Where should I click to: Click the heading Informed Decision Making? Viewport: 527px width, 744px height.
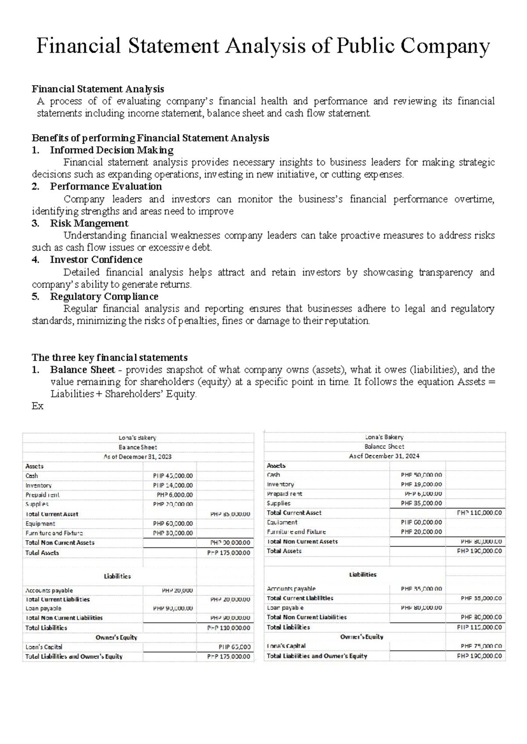[112, 150]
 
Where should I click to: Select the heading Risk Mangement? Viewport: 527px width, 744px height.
[89, 223]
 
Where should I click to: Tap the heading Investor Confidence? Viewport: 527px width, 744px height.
[96, 260]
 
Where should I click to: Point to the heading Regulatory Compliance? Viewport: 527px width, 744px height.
[104, 297]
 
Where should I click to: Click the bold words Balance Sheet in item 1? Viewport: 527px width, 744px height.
[83, 370]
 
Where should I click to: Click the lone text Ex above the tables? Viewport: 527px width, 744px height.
[38, 406]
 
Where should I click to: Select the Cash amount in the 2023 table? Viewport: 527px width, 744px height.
[173, 476]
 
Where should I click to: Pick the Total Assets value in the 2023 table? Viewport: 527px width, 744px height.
[228, 553]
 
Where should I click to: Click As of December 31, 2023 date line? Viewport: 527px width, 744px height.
[137, 457]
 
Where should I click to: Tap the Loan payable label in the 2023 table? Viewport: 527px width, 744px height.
[43, 608]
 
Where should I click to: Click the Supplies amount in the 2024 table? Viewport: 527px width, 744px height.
[421, 503]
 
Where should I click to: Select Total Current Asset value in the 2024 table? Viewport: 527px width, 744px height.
[479, 513]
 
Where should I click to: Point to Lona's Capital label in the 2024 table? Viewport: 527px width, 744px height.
[286, 646]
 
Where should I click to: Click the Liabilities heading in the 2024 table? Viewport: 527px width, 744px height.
[363, 575]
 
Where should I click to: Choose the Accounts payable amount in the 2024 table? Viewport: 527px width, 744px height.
[421, 589]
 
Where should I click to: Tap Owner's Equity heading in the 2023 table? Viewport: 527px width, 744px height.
[116, 637]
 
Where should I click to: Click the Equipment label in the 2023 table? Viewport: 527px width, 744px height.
[40, 524]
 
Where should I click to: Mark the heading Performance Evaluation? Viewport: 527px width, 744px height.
[106, 186]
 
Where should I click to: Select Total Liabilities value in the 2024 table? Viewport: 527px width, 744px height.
[479, 627]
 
